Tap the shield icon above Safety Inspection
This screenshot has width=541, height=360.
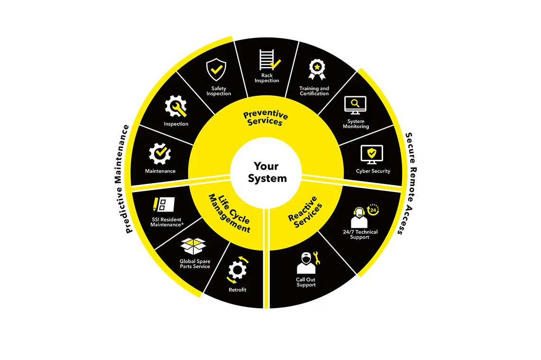point(216,70)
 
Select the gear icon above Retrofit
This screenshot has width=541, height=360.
point(237,270)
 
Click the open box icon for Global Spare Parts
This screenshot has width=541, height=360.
point(194,246)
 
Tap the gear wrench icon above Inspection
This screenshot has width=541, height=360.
point(175,107)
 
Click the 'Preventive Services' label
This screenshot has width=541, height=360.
point(266,118)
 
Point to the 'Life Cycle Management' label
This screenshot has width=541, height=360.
point(229,212)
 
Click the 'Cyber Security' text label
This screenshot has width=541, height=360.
point(373,171)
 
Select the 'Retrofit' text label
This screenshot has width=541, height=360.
point(237,290)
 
